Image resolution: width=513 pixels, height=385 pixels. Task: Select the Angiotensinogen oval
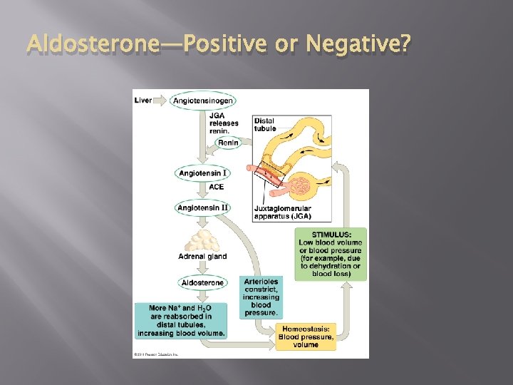tap(203, 101)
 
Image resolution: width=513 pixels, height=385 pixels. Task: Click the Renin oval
tap(228, 143)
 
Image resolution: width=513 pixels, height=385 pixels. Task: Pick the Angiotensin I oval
tap(202, 173)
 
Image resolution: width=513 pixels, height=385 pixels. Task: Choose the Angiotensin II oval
tap(202, 207)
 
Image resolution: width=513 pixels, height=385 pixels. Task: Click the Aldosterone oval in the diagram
tap(202, 282)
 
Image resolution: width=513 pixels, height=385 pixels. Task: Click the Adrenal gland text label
tap(202, 257)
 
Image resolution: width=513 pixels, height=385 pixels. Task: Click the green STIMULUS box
tap(331, 254)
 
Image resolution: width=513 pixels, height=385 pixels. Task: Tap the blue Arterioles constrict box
tap(261, 297)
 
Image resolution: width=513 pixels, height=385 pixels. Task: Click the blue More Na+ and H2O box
tap(182, 320)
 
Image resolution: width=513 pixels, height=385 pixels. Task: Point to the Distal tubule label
tap(264, 125)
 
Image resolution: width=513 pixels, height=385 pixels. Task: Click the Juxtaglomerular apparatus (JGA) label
tap(282, 212)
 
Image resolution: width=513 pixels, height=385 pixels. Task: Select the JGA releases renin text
tap(223, 123)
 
